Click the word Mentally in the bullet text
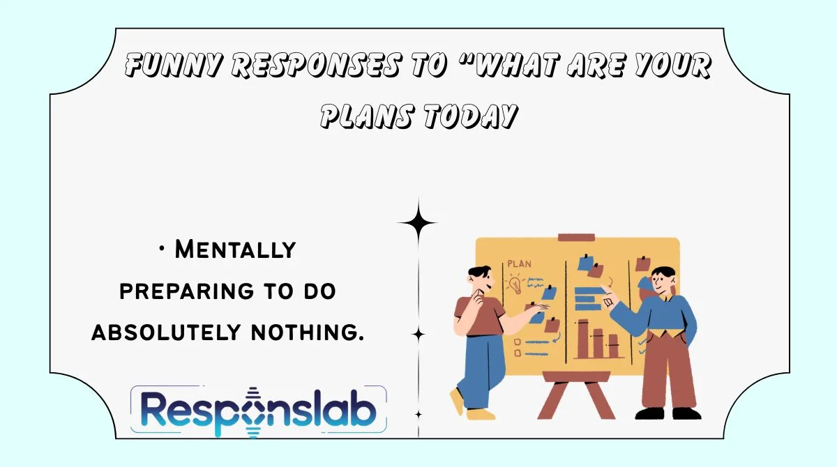coord(235,249)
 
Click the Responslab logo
coord(258,412)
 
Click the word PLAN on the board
coord(520,265)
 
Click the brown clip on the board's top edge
coord(576,238)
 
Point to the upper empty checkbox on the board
coord(517,333)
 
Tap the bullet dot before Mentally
coord(162,249)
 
